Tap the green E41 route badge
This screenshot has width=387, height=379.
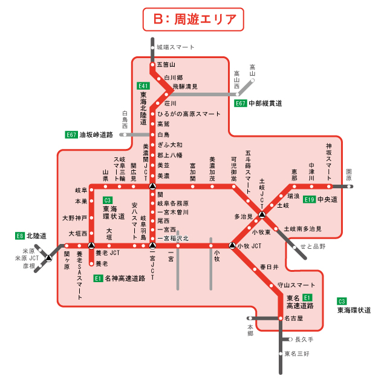(143, 85)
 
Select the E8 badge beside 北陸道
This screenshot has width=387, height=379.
(19, 236)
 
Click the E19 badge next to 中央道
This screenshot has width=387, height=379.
(310, 199)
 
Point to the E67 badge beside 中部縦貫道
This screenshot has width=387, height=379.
(241, 103)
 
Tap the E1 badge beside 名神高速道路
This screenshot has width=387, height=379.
(98, 278)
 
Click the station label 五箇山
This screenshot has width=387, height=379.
(166, 64)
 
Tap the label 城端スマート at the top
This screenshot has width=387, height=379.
(175, 47)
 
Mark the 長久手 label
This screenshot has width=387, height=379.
(304, 340)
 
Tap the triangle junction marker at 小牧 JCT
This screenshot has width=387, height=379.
(232, 246)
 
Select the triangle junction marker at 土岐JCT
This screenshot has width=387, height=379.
(262, 214)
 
